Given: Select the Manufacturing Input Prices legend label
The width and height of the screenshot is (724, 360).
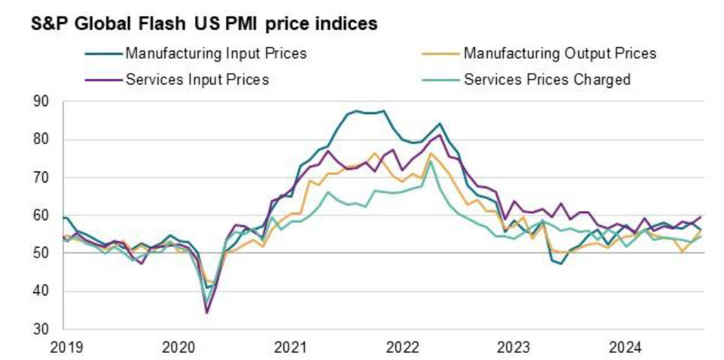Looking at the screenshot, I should click(216, 53).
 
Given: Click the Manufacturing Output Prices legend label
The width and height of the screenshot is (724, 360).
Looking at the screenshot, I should click(559, 53).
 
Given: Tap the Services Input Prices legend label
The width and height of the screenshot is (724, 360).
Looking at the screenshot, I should click(197, 79).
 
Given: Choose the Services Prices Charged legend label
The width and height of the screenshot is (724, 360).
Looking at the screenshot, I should click(547, 79).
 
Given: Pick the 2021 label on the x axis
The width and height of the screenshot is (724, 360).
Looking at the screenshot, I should click(291, 347).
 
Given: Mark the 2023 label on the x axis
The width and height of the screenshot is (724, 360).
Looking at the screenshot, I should click(513, 347).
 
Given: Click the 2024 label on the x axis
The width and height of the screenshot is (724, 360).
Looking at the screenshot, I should click(624, 347).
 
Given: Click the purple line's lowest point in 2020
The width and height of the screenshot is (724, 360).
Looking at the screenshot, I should click(207, 313).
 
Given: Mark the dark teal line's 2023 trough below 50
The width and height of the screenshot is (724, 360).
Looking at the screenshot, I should click(561, 264).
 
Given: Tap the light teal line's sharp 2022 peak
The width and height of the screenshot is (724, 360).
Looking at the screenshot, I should click(431, 161).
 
